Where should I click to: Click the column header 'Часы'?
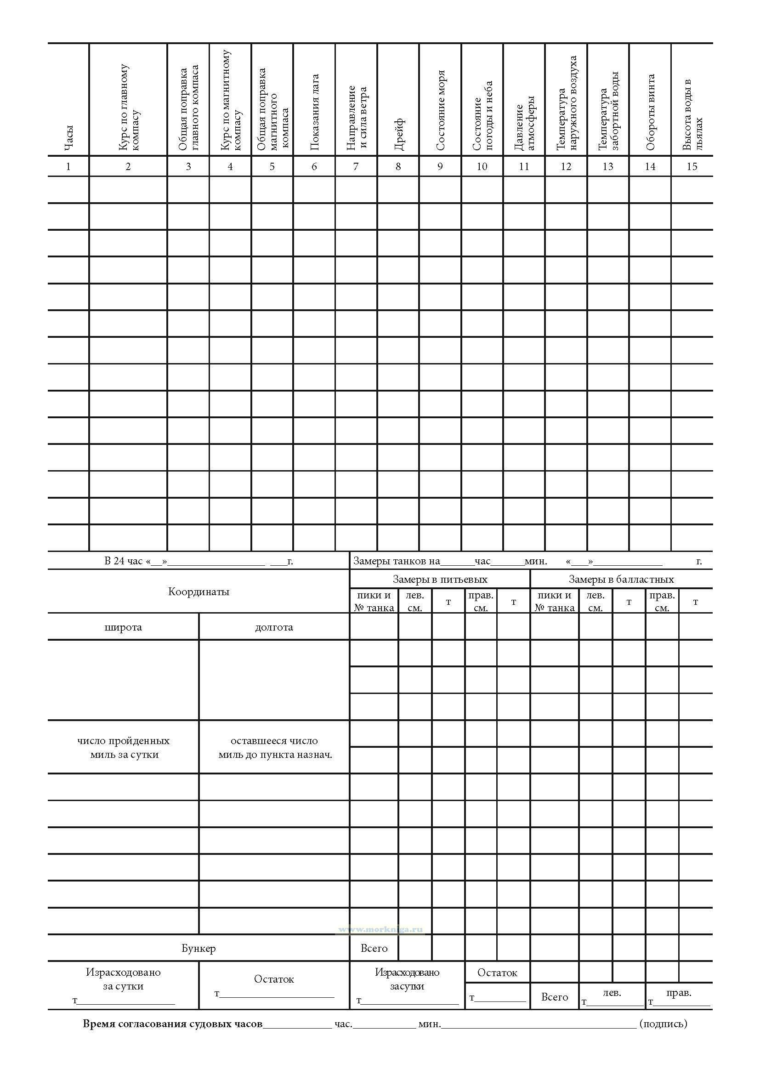coord(69,139)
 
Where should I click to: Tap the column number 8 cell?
coord(398,166)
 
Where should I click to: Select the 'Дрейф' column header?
coord(399,134)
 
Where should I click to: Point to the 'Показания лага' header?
coord(314,112)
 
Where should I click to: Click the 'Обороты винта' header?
coord(650,112)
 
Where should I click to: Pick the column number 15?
coord(692,166)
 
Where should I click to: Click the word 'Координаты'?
coord(199,592)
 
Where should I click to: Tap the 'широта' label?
coord(123,627)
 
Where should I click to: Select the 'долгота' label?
coord(274,627)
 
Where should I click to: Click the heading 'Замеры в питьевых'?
coord(440,579)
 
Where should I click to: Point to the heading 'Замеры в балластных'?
coord(621,579)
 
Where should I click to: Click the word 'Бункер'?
coord(199,948)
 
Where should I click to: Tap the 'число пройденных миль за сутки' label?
coord(124,747)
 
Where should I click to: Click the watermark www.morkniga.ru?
coord(380,929)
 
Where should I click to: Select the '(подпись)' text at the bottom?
coord(663,1024)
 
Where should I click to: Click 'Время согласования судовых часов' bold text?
coord(173,1024)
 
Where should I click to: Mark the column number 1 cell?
coord(68,166)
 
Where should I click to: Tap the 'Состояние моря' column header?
coord(440,110)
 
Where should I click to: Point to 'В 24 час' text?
coord(123,561)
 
